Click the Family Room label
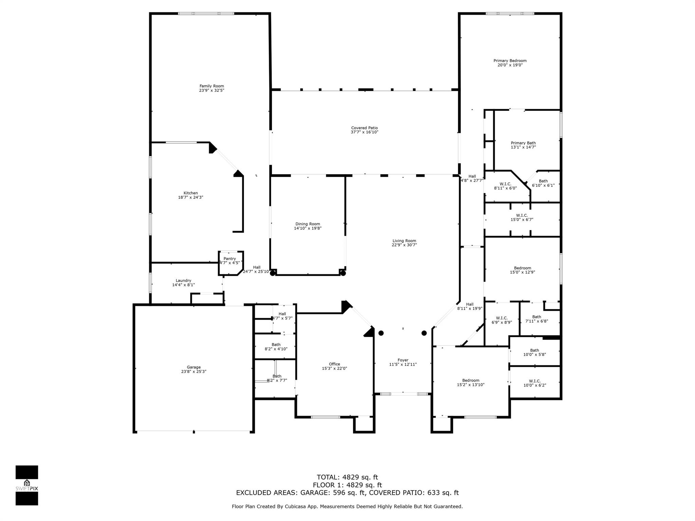click(x=211, y=86)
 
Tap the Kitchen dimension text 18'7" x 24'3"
click(x=190, y=197)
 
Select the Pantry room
click(x=230, y=261)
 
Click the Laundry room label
click(x=183, y=281)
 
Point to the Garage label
click(x=193, y=367)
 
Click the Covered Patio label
click(x=364, y=128)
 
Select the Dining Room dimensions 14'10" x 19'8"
click(x=307, y=228)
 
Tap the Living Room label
click(x=404, y=241)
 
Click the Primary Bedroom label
click(x=510, y=61)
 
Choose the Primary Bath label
click(x=523, y=143)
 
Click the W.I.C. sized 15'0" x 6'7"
click(x=522, y=217)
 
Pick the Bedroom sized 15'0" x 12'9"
click(x=522, y=270)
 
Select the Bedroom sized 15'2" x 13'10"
click(x=470, y=382)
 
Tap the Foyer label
click(x=403, y=360)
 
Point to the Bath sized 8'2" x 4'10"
click(x=276, y=347)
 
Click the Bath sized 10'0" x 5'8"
click(x=534, y=352)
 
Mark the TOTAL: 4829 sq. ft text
click(x=347, y=477)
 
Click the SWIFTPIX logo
click(x=27, y=485)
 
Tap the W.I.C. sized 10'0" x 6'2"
click(x=534, y=383)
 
